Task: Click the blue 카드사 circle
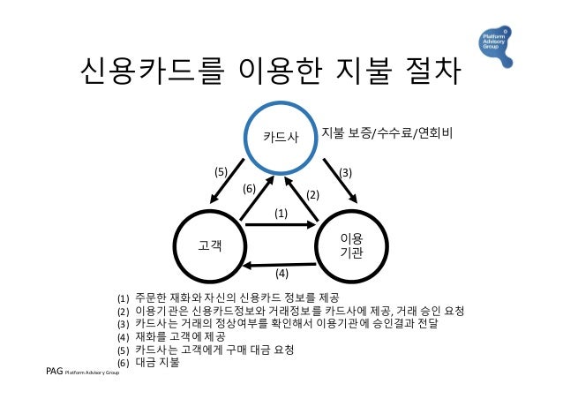[281, 137]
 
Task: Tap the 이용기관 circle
[352, 245]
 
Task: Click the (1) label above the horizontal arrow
[281, 213]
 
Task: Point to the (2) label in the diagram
[312, 193]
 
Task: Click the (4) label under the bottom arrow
[281, 272]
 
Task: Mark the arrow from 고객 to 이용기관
[281, 225]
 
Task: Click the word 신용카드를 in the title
[155, 70]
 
